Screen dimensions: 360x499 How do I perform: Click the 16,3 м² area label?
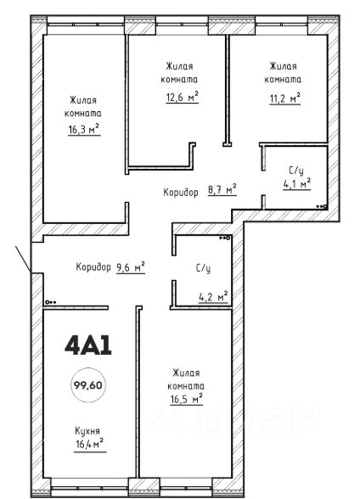(84, 130)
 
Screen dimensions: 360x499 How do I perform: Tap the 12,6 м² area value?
(182, 97)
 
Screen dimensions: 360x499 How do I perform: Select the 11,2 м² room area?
(285, 98)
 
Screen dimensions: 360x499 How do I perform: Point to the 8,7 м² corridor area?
(222, 190)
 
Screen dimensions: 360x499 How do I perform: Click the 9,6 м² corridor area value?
(131, 267)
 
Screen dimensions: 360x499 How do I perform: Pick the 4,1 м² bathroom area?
(297, 183)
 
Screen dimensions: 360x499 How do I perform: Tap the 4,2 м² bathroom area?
(213, 297)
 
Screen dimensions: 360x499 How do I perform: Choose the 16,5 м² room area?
(187, 399)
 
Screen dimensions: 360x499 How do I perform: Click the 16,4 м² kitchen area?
(90, 443)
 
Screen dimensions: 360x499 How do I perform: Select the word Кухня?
(87, 431)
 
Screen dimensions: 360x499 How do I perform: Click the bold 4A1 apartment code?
(88, 345)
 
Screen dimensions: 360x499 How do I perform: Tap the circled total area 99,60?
(88, 385)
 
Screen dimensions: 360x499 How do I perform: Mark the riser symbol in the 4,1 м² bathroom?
(322, 206)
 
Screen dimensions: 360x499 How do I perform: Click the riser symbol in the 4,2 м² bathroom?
(225, 238)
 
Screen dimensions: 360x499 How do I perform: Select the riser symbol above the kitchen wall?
(51, 302)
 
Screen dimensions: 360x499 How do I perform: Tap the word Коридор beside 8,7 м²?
(181, 192)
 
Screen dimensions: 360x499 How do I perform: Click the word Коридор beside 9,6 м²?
(93, 266)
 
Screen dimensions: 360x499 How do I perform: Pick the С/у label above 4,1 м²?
(296, 171)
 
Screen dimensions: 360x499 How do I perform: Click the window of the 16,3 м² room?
(85, 24)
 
